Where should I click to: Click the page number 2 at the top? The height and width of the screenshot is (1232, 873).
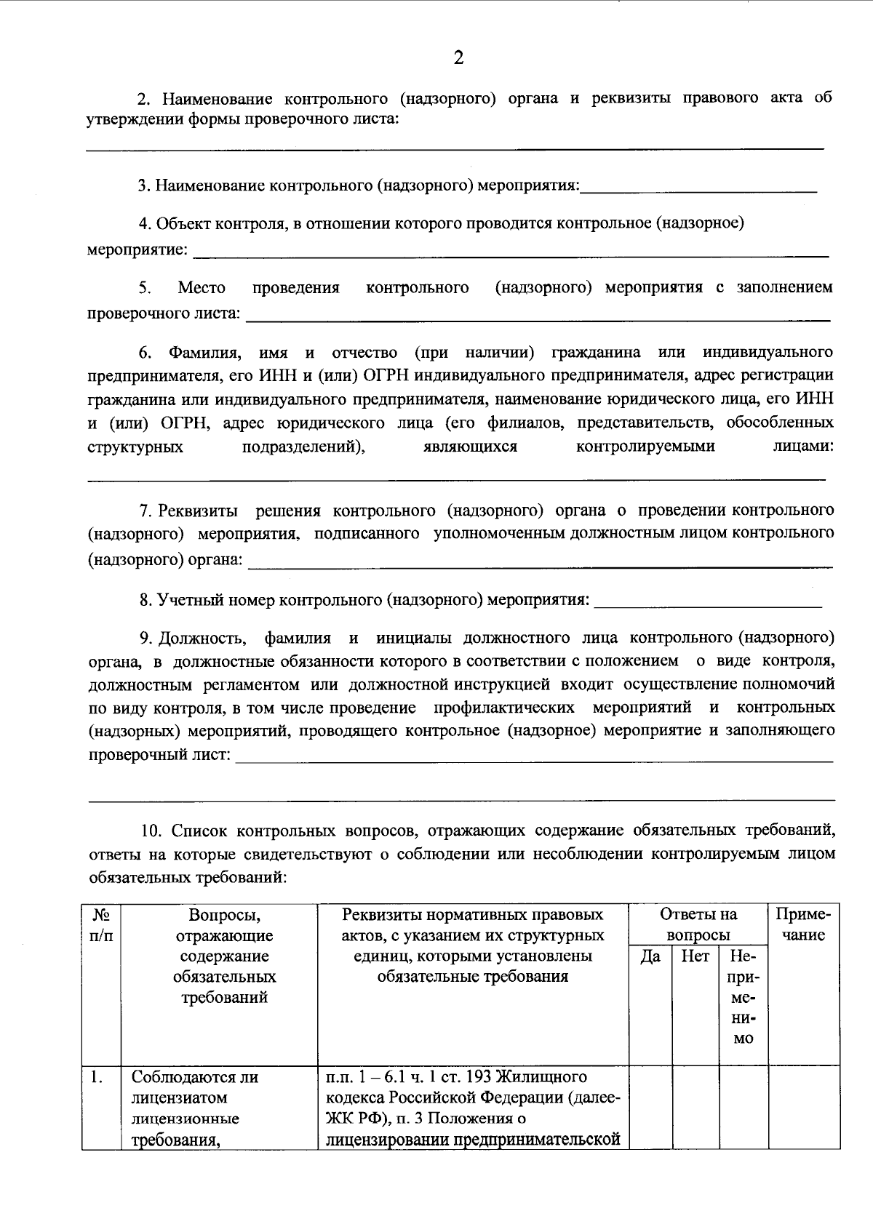(x=458, y=58)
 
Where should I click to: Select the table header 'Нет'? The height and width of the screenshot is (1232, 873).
(x=695, y=956)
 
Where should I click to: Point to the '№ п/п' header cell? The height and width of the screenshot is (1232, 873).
(x=101, y=924)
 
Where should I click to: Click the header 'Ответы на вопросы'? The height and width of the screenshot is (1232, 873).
(x=698, y=924)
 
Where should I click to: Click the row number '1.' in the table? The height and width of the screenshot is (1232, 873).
(x=96, y=1077)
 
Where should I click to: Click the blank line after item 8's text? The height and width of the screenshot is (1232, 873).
(x=707, y=602)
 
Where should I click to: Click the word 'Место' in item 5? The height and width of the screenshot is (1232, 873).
(x=202, y=287)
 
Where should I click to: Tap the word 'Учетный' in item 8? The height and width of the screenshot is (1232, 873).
(x=190, y=600)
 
